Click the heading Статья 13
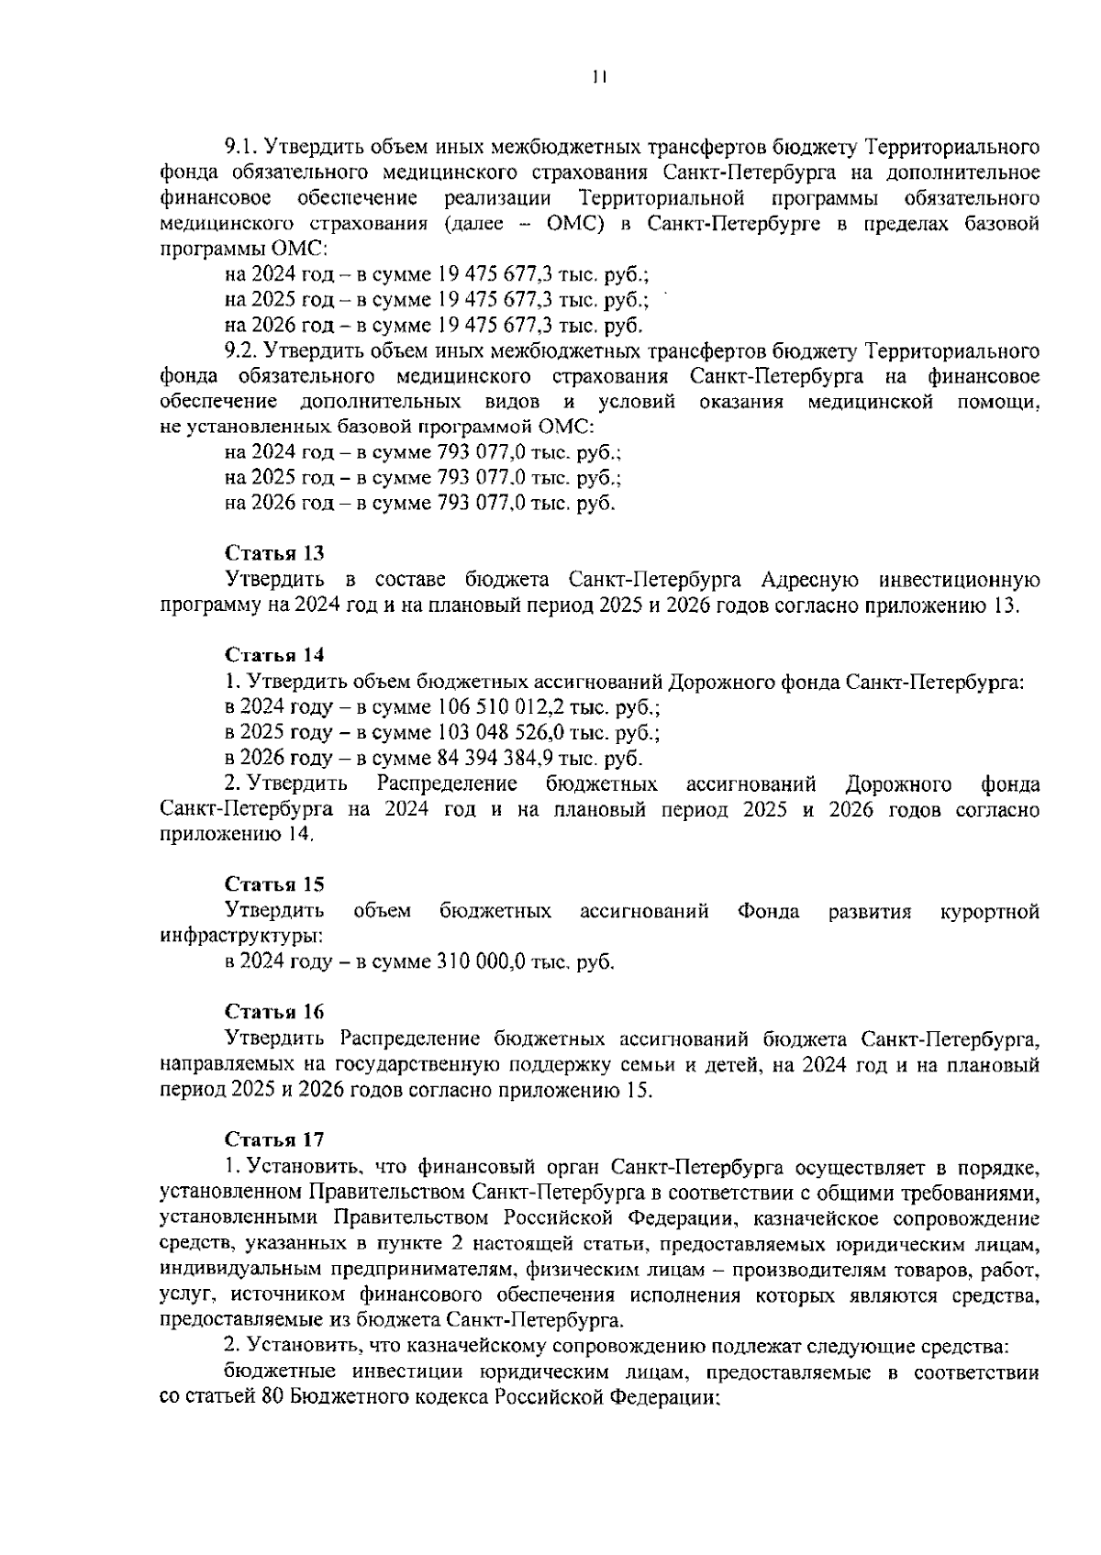coord(274,553)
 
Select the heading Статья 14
coord(274,655)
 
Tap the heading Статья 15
coord(274,884)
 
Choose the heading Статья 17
coord(274,1139)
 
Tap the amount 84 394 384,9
coord(492,759)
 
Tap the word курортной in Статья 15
coord(990,911)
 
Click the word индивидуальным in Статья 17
coord(233,1271)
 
